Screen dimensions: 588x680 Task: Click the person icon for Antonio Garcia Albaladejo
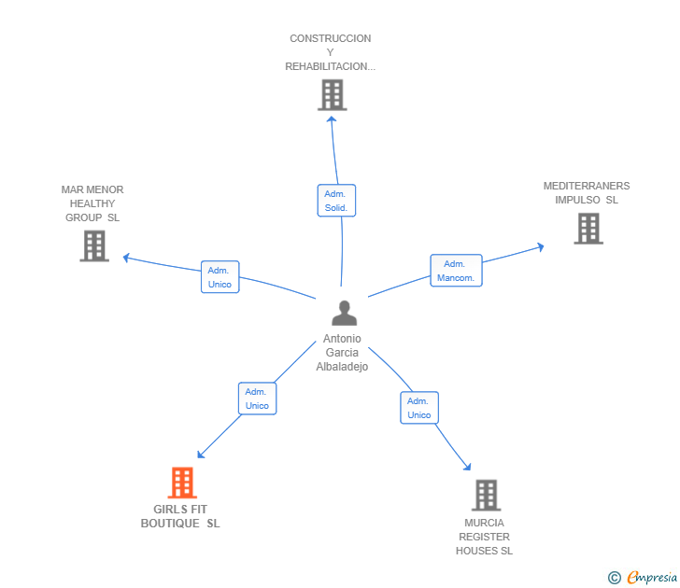pyautogui.click(x=344, y=314)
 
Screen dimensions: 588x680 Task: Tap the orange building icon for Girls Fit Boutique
pyautogui.click(x=182, y=483)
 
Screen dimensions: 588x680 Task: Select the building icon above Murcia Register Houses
pyautogui.click(x=486, y=495)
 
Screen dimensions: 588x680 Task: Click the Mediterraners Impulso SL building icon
pyautogui.click(x=588, y=229)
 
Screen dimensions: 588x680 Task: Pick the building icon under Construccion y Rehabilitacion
pyautogui.click(x=332, y=94)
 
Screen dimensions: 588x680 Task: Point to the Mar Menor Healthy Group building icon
pyautogui.click(x=93, y=245)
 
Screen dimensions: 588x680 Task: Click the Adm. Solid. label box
pyautogui.click(x=336, y=200)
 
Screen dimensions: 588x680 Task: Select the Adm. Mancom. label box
pyautogui.click(x=456, y=271)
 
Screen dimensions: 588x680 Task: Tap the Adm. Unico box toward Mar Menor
pyautogui.click(x=220, y=277)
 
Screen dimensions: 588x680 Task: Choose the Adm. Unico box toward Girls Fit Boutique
pyautogui.click(x=257, y=399)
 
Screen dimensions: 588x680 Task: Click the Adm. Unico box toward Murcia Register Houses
pyautogui.click(x=419, y=408)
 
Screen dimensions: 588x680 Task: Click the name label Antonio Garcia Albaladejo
pyautogui.click(x=342, y=353)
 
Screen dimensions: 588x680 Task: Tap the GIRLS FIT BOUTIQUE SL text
pyautogui.click(x=180, y=516)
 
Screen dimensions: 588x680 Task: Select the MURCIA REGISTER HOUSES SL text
pyautogui.click(x=484, y=537)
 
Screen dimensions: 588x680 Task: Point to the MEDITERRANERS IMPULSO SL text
pyautogui.click(x=587, y=192)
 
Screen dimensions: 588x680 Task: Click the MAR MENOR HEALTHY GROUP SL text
pyautogui.click(x=92, y=203)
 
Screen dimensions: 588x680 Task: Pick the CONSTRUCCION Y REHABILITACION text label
pyautogui.click(x=331, y=52)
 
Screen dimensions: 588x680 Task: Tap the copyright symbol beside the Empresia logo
pyautogui.click(x=614, y=579)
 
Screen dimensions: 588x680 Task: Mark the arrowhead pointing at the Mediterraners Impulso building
pyautogui.click(x=540, y=247)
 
